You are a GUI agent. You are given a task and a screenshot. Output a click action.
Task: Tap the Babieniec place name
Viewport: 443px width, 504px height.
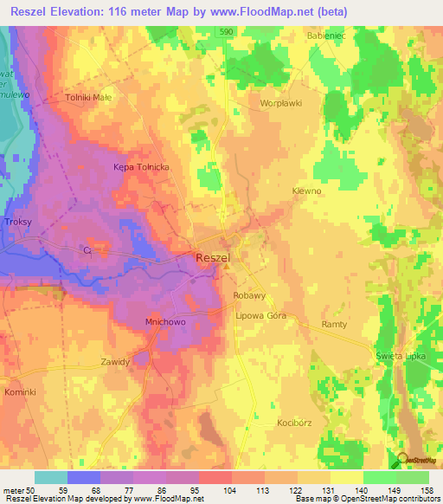pyautogui.click(x=325, y=36)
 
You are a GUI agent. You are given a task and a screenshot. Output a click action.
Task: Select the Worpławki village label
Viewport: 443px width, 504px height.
pyautogui.click(x=279, y=102)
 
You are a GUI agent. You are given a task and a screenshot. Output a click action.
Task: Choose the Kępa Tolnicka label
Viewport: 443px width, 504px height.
pyautogui.click(x=140, y=166)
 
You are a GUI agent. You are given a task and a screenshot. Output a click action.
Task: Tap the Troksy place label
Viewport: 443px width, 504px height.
pyautogui.click(x=18, y=222)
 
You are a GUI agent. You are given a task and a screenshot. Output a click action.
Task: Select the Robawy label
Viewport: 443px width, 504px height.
pyautogui.click(x=249, y=295)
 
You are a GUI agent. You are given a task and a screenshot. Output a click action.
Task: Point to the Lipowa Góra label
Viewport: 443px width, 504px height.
pyautogui.click(x=261, y=316)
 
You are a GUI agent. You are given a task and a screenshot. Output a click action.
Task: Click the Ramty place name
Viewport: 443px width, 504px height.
pyautogui.click(x=334, y=324)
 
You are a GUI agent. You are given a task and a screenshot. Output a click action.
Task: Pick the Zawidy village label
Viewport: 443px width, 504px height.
pyautogui.click(x=115, y=362)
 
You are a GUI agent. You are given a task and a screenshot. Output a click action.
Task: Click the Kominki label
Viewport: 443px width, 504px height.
pyautogui.click(x=19, y=392)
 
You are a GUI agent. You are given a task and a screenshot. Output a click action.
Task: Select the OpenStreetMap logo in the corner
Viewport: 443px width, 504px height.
pyautogui.click(x=414, y=462)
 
